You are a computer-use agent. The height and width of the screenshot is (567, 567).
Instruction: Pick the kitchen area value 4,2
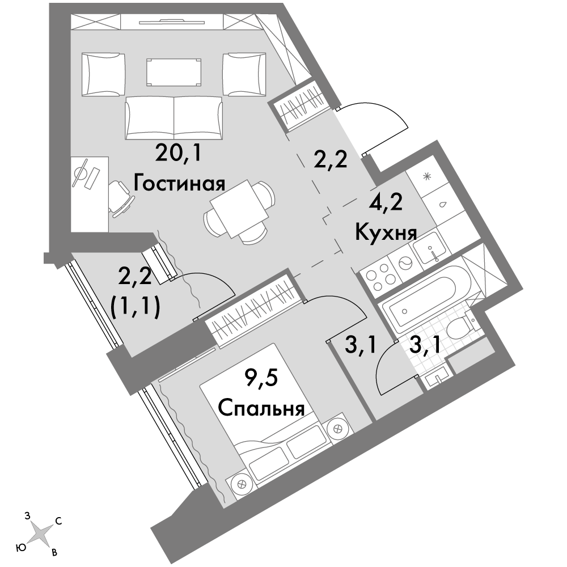[386, 204]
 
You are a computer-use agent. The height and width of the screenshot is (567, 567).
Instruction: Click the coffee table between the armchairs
[173, 73]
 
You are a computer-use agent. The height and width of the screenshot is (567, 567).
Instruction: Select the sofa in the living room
[174, 118]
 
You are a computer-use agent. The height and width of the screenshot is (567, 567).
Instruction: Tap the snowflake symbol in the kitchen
[428, 177]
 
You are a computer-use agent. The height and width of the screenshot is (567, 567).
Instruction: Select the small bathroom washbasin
[437, 379]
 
